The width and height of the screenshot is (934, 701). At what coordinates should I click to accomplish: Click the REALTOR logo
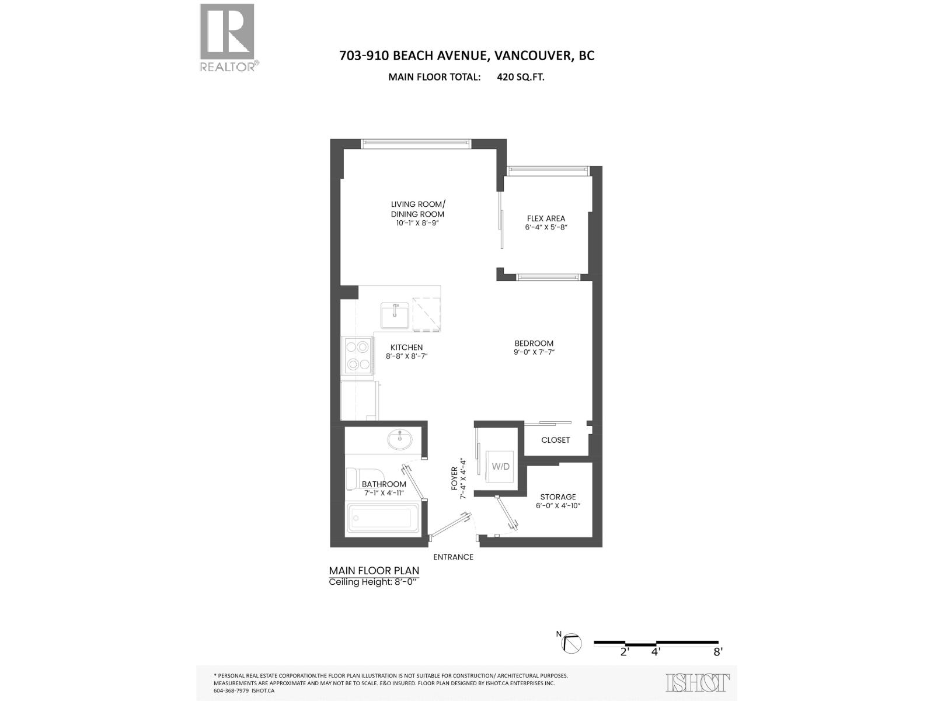(228, 37)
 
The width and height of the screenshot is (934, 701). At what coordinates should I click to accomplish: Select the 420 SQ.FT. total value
(521, 77)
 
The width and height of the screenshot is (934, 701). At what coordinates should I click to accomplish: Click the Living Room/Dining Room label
(418, 209)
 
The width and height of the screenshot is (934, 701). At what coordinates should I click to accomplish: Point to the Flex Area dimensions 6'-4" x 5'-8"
(546, 228)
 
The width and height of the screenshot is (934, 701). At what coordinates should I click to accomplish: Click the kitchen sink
(395, 315)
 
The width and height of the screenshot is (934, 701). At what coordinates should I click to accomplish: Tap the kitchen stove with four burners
(357, 355)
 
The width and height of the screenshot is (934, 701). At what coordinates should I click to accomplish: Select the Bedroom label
(534, 343)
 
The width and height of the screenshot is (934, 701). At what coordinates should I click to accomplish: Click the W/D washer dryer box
(500, 466)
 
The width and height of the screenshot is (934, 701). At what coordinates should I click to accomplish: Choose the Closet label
(555, 440)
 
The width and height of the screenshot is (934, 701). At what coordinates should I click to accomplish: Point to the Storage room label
(558, 497)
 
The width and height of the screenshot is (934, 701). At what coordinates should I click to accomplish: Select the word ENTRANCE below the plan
(453, 557)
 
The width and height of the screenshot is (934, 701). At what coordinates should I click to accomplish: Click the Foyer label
(455, 479)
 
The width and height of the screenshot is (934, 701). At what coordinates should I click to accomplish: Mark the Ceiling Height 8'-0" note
(374, 582)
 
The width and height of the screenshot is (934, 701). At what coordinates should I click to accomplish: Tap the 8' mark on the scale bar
(717, 651)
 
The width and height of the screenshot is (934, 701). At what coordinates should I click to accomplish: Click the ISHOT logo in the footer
(698, 682)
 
